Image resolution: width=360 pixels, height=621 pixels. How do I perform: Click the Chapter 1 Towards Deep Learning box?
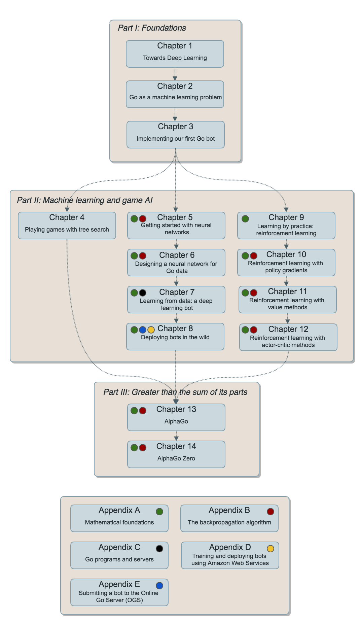(175, 54)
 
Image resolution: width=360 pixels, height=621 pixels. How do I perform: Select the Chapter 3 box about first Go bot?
(175, 135)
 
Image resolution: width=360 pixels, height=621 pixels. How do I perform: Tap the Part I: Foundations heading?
(152, 28)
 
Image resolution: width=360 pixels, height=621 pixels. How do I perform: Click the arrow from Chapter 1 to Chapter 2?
(175, 74)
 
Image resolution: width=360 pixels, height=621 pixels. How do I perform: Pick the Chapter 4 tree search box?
(67, 226)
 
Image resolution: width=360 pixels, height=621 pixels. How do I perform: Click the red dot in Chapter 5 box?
(143, 219)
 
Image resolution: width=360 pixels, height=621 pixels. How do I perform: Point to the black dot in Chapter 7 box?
(143, 293)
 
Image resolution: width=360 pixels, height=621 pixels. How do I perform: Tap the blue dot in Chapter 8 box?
(143, 330)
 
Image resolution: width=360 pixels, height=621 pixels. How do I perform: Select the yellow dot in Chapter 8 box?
(151, 330)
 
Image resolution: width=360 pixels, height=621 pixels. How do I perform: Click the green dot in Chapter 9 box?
(245, 219)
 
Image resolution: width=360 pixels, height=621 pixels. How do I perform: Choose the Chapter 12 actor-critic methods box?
(288, 337)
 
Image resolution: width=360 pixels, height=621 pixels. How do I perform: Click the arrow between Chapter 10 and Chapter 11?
(286, 281)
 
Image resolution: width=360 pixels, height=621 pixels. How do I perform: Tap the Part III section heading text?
(175, 392)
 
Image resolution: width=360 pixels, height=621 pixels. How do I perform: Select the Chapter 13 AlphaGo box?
(176, 417)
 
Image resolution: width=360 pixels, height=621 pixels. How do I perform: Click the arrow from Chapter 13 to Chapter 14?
(176, 436)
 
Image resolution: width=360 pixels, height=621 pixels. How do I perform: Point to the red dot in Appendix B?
(271, 512)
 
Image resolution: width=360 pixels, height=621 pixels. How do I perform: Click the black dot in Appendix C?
(159, 549)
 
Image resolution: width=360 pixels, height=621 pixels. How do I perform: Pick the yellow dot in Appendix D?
(271, 549)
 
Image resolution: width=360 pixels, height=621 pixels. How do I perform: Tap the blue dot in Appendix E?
(159, 586)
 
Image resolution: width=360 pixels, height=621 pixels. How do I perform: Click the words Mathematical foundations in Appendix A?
(119, 522)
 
